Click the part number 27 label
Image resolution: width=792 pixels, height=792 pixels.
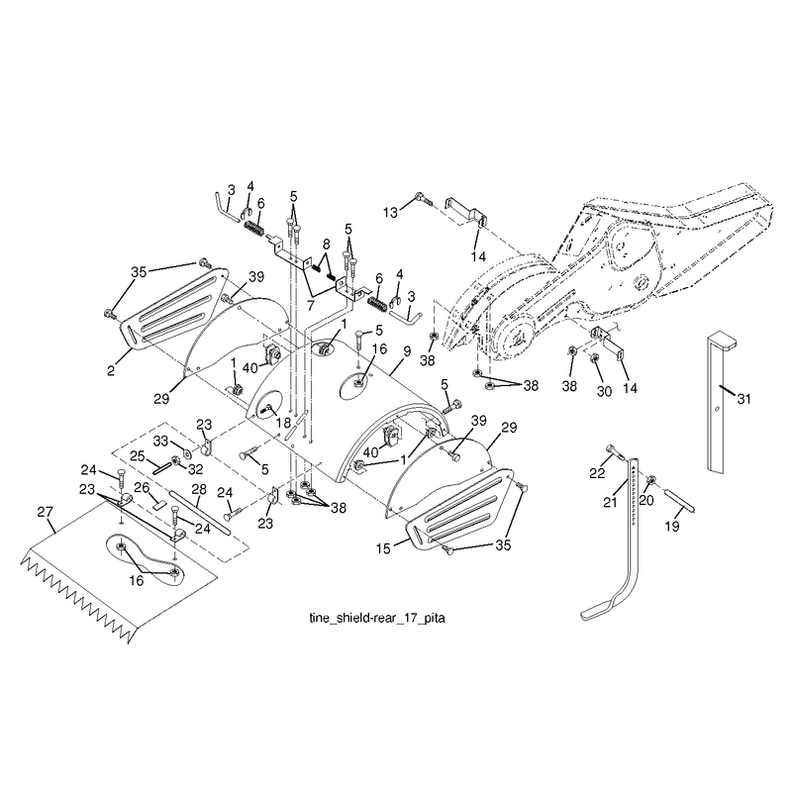coord(45,512)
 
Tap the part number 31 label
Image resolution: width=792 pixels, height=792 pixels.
coord(743,399)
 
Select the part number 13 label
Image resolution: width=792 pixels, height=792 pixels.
coord(390,213)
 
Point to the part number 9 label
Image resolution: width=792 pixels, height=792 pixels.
coord(407,351)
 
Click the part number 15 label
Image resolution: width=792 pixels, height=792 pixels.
coord(383,548)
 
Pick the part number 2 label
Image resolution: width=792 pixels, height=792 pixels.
coord(111,370)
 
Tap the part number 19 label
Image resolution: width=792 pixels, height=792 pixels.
coord(672,527)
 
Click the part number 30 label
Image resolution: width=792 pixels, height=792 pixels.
coord(604,391)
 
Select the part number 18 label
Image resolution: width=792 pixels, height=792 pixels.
coord(283,423)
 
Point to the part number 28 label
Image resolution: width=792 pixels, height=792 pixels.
coord(199,489)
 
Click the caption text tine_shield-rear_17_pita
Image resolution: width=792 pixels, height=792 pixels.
coord(377,618)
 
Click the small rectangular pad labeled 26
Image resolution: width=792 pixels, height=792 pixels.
coord(160,503)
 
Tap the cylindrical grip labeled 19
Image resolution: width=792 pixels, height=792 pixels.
coord(680,499)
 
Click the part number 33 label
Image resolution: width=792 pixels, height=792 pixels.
coord(160,442)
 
